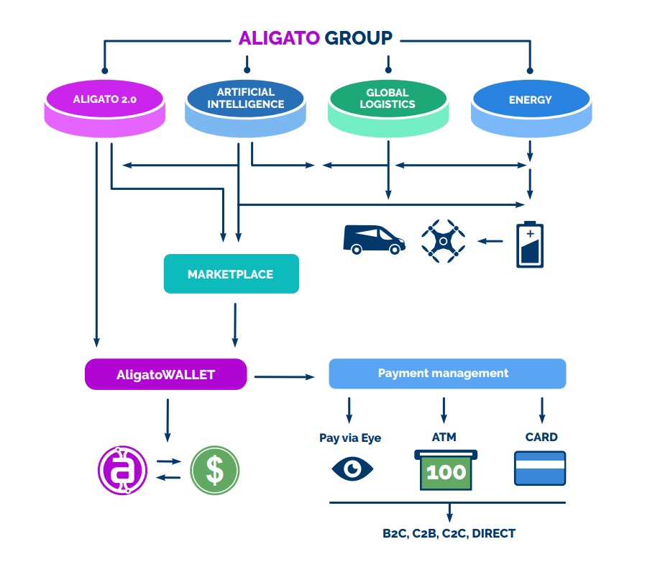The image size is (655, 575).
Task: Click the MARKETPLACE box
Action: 231,274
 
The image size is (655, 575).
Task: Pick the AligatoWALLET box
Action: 165,375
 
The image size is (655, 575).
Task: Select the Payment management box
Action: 446,373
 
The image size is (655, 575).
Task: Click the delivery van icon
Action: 373,240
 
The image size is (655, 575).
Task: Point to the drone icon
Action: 443,240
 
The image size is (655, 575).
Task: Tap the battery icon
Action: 530,245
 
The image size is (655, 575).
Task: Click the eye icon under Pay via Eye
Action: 352,469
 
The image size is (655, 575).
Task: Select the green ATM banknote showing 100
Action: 446,472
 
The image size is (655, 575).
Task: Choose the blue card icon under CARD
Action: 540,468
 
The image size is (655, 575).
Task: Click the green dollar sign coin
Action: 214,471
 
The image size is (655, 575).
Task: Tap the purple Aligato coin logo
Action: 122,471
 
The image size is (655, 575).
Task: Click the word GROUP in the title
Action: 358,38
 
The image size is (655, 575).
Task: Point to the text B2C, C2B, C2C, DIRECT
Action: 449,533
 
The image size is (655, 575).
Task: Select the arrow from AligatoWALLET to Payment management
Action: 285,376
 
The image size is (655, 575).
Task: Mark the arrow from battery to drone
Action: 491,240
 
